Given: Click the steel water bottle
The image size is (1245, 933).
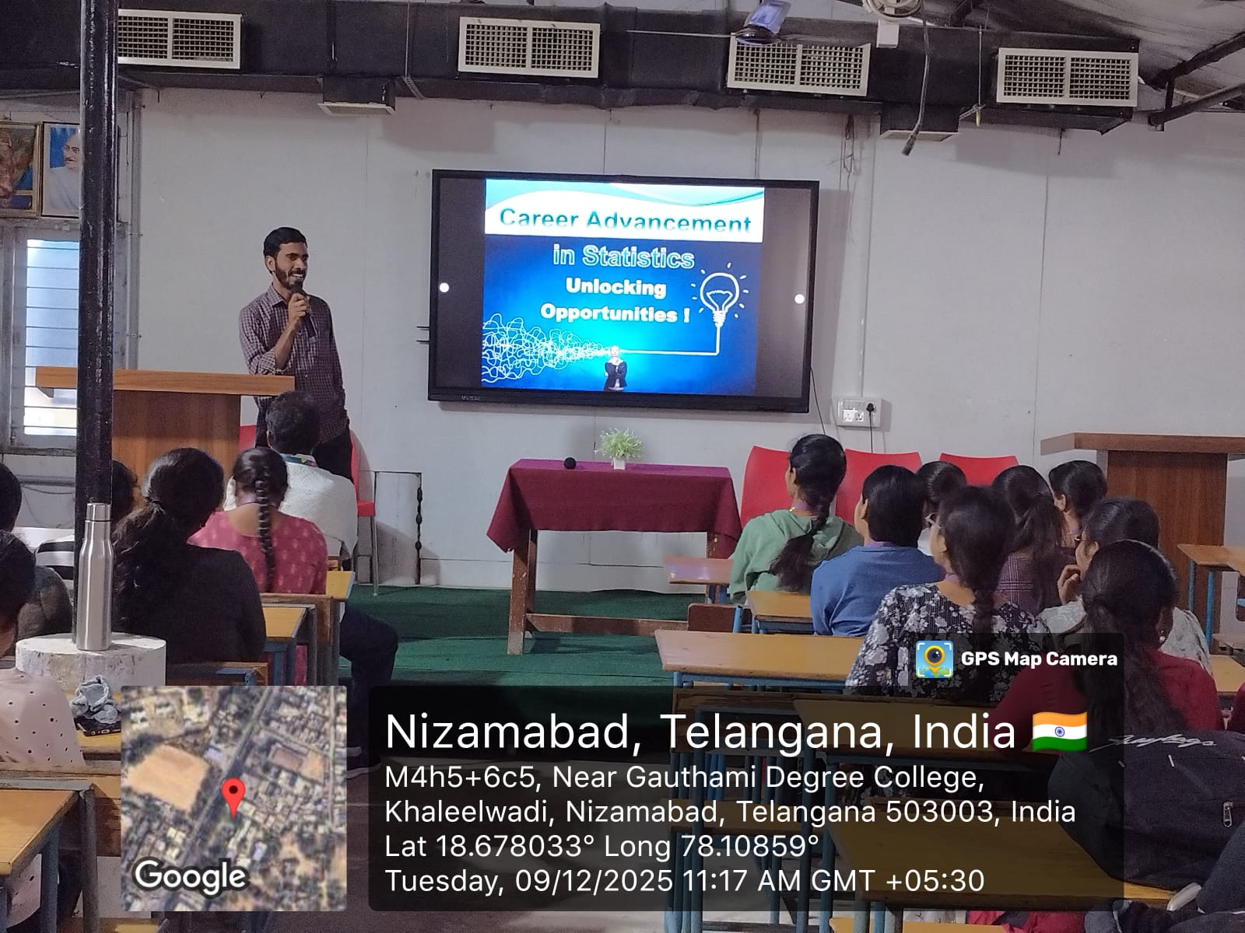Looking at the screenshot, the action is click(94, 577).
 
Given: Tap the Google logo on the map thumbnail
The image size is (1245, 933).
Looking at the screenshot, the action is click(191, 876).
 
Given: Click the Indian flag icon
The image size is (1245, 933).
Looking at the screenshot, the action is click(1060, 732).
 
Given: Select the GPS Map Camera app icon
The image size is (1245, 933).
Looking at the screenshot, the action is click(935, 659).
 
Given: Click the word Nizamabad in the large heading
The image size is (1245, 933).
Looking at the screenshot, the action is click(507, 732).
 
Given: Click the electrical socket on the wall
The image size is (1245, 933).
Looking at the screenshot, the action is click(859, 412).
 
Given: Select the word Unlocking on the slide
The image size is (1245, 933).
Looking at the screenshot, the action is click(615, 287).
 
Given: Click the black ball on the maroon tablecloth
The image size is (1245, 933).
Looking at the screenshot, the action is click(570, 463).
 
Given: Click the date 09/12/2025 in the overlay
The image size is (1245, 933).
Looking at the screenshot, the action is click(594, 880).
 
